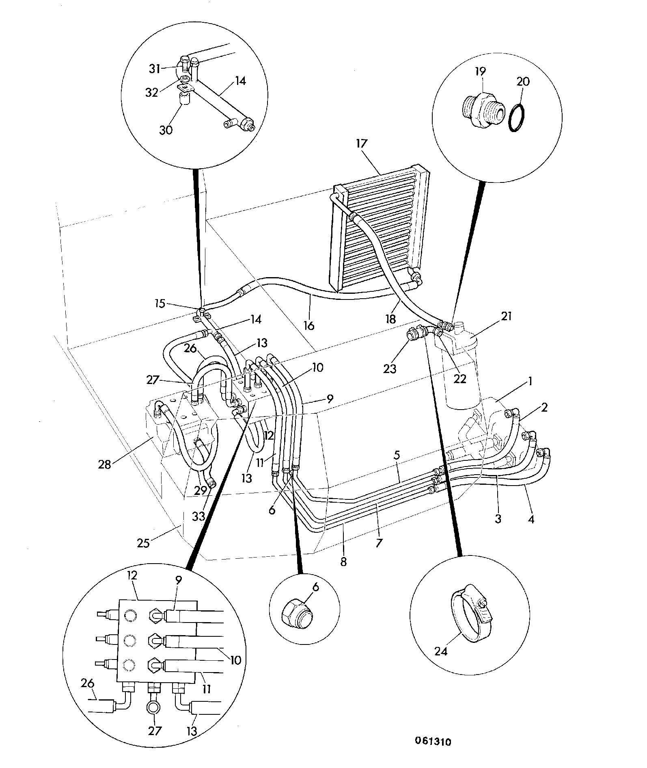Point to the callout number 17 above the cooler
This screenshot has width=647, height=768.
tap(361, 143)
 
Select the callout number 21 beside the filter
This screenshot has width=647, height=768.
tap(506, 316)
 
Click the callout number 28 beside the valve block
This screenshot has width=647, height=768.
tap(104, 464)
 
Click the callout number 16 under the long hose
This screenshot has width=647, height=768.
tap(309, 325)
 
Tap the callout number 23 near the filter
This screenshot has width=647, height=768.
tap(390, 368)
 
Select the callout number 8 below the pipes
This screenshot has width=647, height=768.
tap(343, 562)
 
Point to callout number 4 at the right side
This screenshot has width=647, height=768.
tap(531, 519)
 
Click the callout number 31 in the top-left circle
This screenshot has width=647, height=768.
tap(155, 69)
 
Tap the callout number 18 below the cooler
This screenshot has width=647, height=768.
tap(390, 319)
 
